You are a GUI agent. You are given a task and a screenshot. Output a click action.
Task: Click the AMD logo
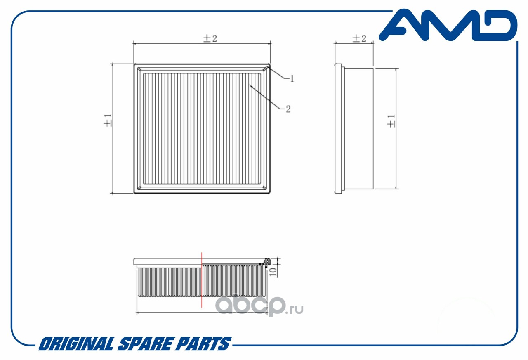coord(448,25)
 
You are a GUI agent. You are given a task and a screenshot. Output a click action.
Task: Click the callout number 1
coord(292,79)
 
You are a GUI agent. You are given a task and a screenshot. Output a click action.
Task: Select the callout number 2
coord(288,109)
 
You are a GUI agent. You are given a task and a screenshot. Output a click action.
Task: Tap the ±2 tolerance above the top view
coord(210,38)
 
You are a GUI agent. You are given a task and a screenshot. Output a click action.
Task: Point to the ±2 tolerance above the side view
coord(359,38)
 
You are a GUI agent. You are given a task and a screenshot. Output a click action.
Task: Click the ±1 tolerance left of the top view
coord(108,121)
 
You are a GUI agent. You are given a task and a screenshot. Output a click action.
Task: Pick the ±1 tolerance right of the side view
coord(391,121)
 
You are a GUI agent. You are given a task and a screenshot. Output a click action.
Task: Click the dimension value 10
coord(273,272)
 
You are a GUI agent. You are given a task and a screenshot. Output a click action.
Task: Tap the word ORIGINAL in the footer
coord(76,343)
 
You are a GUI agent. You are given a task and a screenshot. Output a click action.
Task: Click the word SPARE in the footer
coord(144,343)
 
